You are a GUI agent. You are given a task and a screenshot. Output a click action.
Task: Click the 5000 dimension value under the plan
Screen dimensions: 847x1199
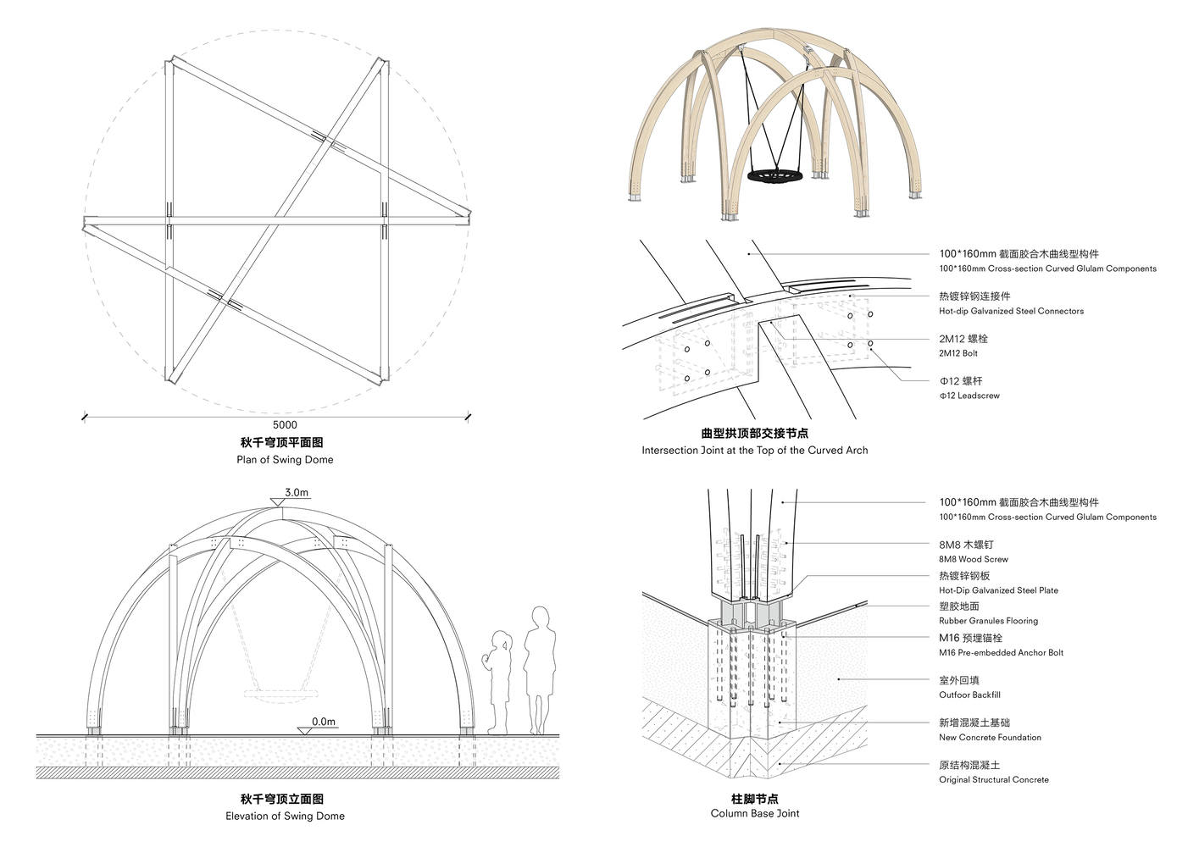(285, 424)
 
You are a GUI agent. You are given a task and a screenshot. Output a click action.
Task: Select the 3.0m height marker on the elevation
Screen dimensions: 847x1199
(297, 492)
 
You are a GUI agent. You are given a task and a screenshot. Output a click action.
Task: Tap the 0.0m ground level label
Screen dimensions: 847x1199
(323, 722)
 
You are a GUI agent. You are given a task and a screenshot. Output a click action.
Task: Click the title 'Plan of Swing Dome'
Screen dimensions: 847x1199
(285, 459)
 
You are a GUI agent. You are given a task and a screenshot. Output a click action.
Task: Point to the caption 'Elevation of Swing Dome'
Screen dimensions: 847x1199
(285, 816)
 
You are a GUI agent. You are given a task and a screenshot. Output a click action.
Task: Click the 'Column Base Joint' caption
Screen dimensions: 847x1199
(754, 813)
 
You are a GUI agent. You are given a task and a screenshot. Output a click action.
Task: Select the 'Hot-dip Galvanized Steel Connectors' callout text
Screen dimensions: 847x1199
(1011, 311)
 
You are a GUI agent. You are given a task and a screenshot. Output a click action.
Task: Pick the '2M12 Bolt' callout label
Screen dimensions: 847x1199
(958, 353)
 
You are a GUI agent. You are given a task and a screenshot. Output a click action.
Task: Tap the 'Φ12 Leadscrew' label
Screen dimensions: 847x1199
(969, 396)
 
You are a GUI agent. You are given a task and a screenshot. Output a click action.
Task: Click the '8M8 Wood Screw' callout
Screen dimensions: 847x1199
(973, 559)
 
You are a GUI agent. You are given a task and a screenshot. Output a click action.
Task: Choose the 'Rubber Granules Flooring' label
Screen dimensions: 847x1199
(988, 621)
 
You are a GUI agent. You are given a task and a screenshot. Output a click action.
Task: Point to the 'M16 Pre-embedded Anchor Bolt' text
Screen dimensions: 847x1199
(1001, 652)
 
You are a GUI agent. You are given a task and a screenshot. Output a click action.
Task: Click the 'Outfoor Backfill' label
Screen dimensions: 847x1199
(969, 695)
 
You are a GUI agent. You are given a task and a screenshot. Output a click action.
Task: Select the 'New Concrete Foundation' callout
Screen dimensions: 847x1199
(990, 737)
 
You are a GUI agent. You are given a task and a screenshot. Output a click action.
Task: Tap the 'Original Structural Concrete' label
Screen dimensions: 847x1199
(993, 779)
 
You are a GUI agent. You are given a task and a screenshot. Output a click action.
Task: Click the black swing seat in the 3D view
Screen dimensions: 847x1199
(775, 177)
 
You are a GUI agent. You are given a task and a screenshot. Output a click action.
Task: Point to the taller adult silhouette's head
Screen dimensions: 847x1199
(539, 617)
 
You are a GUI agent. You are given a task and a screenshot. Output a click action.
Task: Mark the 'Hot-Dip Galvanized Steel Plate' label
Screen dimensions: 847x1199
(998, 590)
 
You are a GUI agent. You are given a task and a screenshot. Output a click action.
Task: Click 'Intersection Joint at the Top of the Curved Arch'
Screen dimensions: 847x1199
(754, 450)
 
